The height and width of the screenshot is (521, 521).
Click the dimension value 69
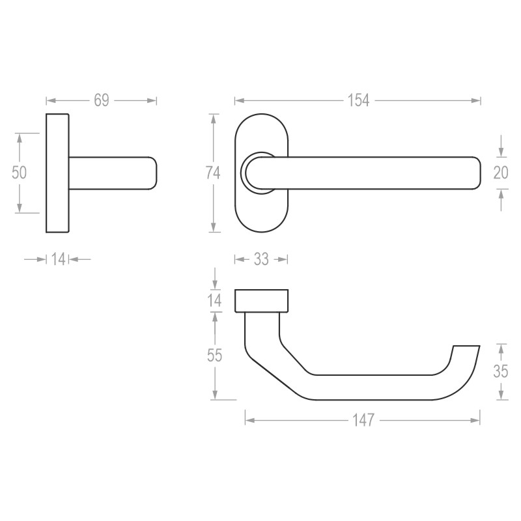pos(101,100)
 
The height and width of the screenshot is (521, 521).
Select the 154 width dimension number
pos(358,100)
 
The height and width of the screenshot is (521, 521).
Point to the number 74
pos(212,173)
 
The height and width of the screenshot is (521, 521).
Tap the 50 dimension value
pos(20,173)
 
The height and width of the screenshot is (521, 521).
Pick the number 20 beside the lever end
pos(500,173)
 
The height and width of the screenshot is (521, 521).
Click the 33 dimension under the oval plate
pos(260,259)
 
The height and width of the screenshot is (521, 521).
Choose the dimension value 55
pos(214,356)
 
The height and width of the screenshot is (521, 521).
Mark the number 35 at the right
pos(500,372)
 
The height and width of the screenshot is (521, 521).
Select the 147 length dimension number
pos(362,421)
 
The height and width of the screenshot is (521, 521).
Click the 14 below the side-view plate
pos(58,259)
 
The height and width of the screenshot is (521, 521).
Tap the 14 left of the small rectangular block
pos(214,300)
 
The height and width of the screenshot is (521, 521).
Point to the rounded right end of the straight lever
pos(472,173)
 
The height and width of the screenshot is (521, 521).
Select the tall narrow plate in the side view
pos(57,173)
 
